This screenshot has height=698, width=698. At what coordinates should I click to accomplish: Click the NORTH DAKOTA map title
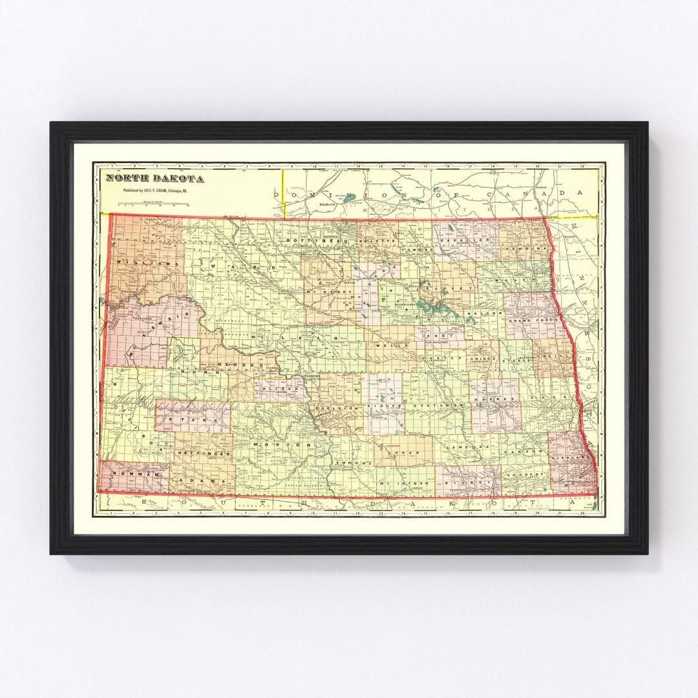[x=155, y=178]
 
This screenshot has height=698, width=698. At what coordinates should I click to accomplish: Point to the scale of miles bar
[x=153, y=204]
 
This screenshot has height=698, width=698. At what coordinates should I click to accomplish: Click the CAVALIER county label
[x=456, y=240]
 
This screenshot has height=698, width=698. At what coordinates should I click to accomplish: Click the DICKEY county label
[x=469, y=482]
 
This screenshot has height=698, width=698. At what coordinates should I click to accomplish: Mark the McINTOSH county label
[x=396, y=483]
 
